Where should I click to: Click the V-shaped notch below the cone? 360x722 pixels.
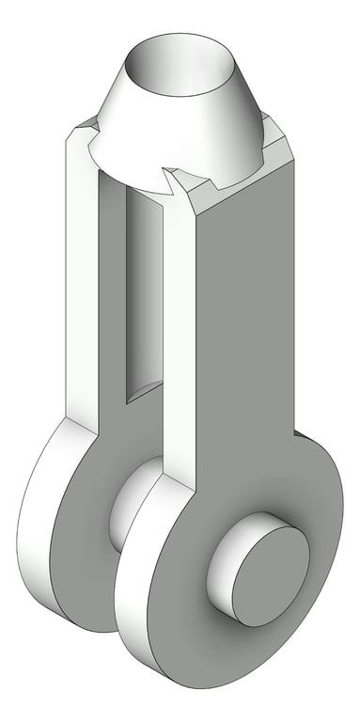tap(173, 179)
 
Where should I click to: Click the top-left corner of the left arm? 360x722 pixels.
tap(70, 141)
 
